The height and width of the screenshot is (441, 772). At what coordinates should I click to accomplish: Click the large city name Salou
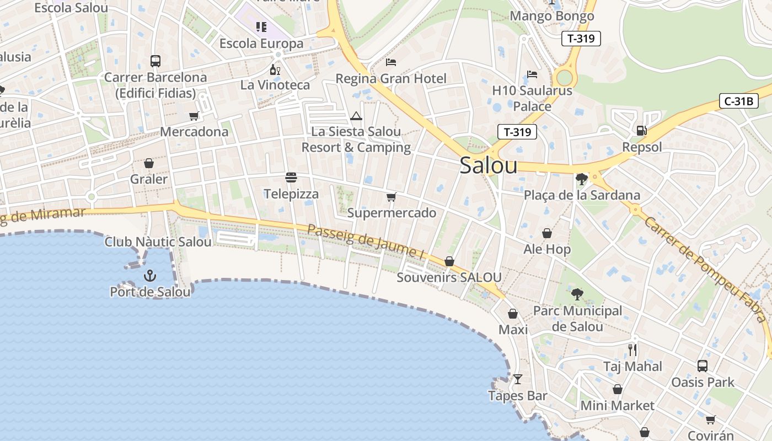pyautogui.click(x=489, y=165)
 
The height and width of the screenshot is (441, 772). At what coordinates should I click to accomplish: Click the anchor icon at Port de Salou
pyautogui.click(x=149, y=275)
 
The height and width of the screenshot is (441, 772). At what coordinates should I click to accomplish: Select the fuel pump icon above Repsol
pyautogui.click(x=641, y=131)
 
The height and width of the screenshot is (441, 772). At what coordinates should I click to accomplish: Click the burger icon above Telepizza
pyautogui.click(x=291, y=178)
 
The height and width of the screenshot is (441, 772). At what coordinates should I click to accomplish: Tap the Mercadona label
pyautogui.click(x=194, y=132)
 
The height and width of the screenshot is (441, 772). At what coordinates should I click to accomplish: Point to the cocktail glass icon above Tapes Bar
pyautogui.click(x=517, y=379)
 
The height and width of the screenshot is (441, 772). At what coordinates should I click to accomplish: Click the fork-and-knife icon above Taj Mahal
pyautogui.click(x=632, y=349)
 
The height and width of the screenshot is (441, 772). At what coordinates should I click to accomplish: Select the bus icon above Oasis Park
pyautogui.click(x=703, y=365)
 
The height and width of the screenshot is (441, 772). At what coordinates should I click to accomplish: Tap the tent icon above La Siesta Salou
pyautogui.click(x=356, y=116)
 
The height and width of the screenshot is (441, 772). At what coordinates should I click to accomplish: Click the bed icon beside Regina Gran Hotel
pyautogui.click(x=391, y=62)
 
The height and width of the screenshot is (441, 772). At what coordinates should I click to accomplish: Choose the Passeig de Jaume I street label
pyautogui.click(x=365, y=241)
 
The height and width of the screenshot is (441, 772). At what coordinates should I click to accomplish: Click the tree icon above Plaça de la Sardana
pyautogui.click(x=581, y=179)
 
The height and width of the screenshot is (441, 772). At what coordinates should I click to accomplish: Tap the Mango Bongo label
pyautogui.click(x=552, y=16)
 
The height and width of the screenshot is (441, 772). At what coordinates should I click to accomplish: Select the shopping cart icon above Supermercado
pyautogui.click(x=392, y=197)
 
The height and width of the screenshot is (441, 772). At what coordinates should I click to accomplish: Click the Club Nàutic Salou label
pyautogui.click(x=158, y=242)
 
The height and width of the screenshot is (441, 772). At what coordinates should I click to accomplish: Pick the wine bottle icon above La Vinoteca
pyautogui.click(x=275, y=69)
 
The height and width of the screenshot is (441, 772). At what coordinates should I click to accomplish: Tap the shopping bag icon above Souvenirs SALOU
pyautogui.click(x=449, y=261)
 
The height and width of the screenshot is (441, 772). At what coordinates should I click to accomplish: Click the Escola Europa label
pyautogui.click(x=261, y=44)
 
